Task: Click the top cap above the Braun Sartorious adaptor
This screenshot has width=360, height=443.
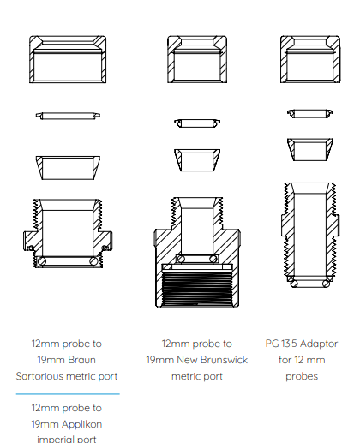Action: pyautogui.click(x=68, y=40)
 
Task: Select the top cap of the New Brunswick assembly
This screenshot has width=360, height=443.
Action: pyautogui.click(x=197, y=40)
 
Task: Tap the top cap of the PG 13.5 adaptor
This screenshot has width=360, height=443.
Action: pyautogui.click(x=310, y=40)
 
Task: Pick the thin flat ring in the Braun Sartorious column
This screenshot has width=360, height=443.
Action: pyautogui.click(x=68, y=116)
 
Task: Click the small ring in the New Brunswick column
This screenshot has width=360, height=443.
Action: pyautogui.click(x=197, y=123)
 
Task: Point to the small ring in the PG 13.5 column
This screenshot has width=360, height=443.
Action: pyautogui.click(x=310, y=113)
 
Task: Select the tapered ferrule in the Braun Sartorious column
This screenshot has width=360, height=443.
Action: pyautogui.click(x=68, y=159)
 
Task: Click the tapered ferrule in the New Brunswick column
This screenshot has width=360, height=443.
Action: pyautogui.click(x=197, y=152)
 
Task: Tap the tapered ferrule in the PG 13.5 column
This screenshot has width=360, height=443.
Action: pyautogui.click(x=310, y=141)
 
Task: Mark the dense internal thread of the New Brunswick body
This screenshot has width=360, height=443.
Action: pyautogui.click(x=197, y=289)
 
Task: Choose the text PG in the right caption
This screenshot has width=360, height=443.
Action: pyautogui.click(x=272, y=344)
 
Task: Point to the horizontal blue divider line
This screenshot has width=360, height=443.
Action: pyautogui.click(x=68, y=394)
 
